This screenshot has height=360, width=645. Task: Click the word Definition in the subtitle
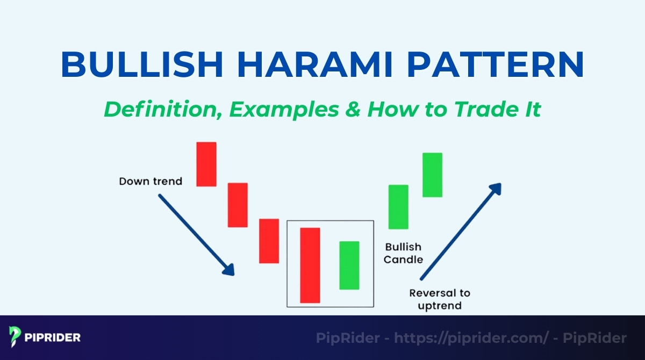[161, 109]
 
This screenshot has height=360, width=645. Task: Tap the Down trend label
[150, 181]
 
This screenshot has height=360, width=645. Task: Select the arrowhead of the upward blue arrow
[496, 189]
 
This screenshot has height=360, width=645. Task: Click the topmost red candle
[206, 164]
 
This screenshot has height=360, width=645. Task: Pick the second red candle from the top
[238, 205]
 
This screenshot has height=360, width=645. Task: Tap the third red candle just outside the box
[269, 241]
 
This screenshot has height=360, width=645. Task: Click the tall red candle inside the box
[310, 265]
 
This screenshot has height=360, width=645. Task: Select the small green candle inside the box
[349, 265]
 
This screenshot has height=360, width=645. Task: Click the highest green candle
[432, 175]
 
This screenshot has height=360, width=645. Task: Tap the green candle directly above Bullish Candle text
[398, 207]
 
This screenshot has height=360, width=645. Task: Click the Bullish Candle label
[403, 253]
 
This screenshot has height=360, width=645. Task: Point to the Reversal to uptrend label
[439, 299]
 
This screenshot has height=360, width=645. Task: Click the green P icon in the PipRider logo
[15, 337]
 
